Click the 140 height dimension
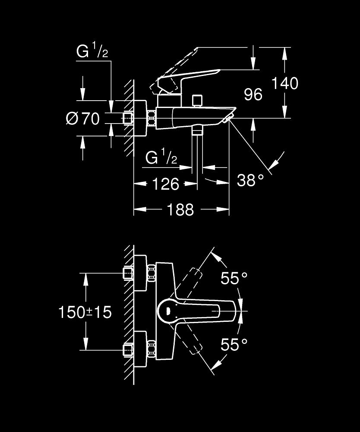click(x=284, y=83)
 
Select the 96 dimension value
click(x=253, y=94)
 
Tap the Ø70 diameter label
click(x=83, y=118)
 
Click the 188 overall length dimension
click(x=180, y=210)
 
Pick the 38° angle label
click(x=250, y=180)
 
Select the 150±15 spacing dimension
click(x=85, y=312)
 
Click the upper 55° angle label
click(x=234, y=279)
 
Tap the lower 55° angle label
click(x=234, y=344)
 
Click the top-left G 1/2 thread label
click(x=92, y=52)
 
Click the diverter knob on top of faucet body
click(x=198, y=101)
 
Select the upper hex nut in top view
click(x=151, y=273)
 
